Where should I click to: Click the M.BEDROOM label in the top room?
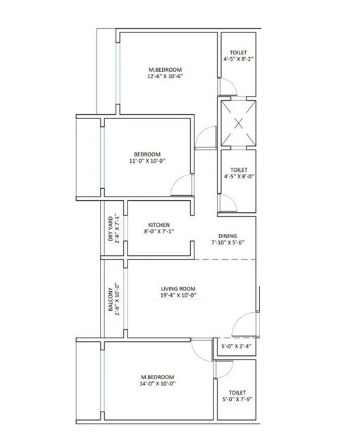[165, 69]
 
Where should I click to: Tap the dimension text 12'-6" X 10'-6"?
[165, 77]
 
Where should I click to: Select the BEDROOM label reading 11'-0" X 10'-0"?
[147, 154]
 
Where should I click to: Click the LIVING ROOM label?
[178, 288]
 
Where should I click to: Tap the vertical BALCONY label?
[111, 300]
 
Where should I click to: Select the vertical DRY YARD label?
[111, 228]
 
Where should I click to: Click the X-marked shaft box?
[238, 124]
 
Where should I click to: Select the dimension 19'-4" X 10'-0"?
[178, 296]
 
